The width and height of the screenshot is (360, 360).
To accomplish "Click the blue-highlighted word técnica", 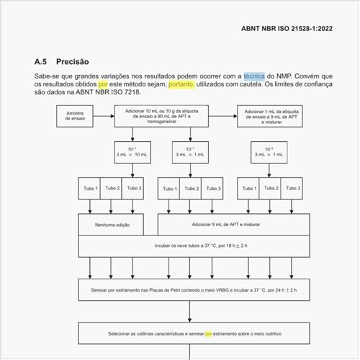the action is [254, 76].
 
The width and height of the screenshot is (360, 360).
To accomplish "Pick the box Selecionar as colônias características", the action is [190, 334].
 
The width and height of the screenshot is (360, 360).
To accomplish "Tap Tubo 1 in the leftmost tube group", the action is [90, 188].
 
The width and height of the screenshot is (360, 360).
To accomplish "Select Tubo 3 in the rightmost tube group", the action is [293, 188].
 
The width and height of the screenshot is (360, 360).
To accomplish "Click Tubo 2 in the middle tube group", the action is [191, 188].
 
